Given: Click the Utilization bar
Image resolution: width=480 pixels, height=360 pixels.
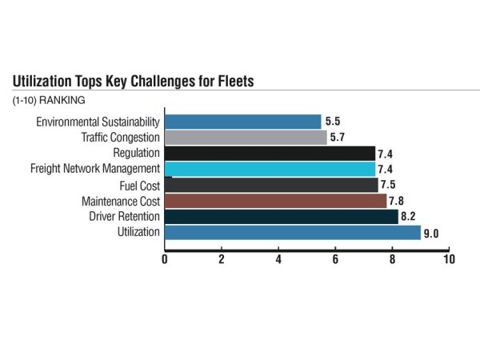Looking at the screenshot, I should [292, 232].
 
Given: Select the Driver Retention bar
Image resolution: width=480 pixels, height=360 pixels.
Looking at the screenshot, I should [281, 216].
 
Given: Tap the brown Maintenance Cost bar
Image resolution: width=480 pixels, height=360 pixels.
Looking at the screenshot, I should [275, 200].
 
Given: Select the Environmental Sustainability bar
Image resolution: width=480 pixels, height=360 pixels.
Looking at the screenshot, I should [242, 122].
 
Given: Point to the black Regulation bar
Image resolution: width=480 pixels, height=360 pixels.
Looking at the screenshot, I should [270, 153].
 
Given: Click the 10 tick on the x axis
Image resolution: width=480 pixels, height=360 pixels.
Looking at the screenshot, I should [450, 260].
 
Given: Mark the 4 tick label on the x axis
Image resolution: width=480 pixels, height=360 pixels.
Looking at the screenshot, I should [278, 260].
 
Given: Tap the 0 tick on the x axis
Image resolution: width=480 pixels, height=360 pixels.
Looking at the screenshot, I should [165, 260].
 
